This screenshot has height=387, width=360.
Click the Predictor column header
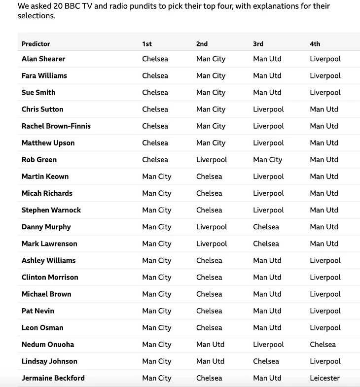pos(36,44)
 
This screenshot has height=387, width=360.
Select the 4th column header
pos(315,44)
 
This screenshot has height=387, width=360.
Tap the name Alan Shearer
pos(43,59)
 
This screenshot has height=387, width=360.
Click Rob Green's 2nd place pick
pos(212,160)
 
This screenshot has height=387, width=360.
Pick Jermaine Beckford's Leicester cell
pos(324,378)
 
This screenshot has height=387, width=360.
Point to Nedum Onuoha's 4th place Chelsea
pos(323,345)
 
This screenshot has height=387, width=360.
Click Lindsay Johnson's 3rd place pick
pos(266,361)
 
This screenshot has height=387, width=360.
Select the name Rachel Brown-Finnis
pos(56,126)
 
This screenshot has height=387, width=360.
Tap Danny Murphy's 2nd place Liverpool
pos(212,227)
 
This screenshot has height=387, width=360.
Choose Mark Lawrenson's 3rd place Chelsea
pos(266,244)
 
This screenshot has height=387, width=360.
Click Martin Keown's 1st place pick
pos(157,176)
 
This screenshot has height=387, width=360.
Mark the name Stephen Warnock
pos(51,210)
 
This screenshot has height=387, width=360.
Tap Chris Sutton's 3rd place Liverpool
pos(268,109)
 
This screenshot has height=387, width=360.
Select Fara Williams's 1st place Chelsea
pos(155,75)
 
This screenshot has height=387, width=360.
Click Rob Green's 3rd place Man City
pos(267,160)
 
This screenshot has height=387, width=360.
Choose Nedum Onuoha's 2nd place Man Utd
pos(210,345)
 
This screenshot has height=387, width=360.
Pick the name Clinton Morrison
pos(50,277)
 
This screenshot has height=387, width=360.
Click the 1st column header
pos(147,44)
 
